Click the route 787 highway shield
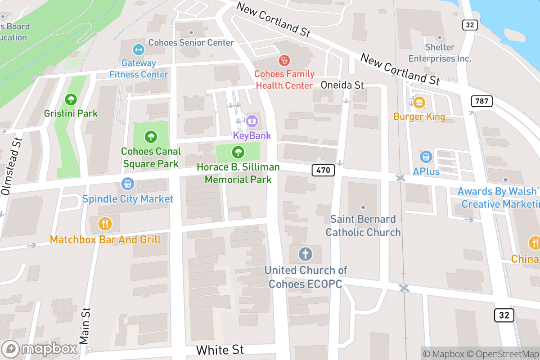(481, 101)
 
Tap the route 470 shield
(323, 170)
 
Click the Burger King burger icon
(419, 102)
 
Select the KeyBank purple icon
(252, 121)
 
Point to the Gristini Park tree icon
(71, 99)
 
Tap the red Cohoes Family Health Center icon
(284, 59)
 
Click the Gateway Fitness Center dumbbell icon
(139, 49)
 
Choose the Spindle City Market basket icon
(128, 184)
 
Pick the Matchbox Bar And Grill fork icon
(105, 223)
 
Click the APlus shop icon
(426, 157)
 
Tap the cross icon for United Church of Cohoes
(306, 254)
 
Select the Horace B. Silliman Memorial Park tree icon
(238, 152)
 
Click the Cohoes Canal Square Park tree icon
(151, 136)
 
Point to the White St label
(220, 350)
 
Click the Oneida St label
(342, 85)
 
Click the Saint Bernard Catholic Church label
(363, 226)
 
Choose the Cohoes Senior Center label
(191, 43)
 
